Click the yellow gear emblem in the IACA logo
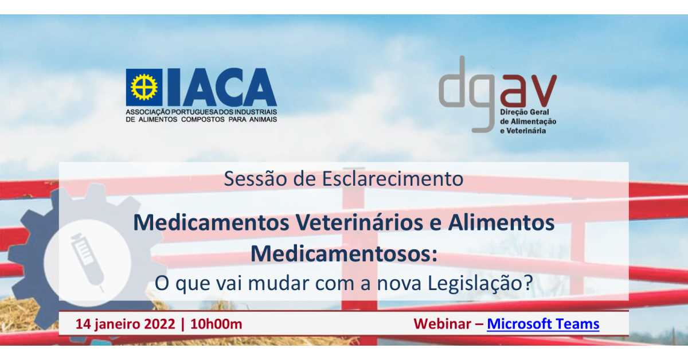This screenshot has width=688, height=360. click(144, 87)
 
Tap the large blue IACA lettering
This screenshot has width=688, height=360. click(222, 87)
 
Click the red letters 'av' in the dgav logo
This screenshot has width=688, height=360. click(528, 91)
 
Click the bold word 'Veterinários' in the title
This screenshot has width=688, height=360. click(359, 222)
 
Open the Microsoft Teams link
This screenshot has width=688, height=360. click(543, 324)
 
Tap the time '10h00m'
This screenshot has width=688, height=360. click(216, 324)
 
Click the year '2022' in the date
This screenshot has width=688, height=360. click(160, 324)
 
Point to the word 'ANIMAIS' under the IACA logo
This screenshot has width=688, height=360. click(263, 119)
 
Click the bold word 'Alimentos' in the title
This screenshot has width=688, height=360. click(501, 222)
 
